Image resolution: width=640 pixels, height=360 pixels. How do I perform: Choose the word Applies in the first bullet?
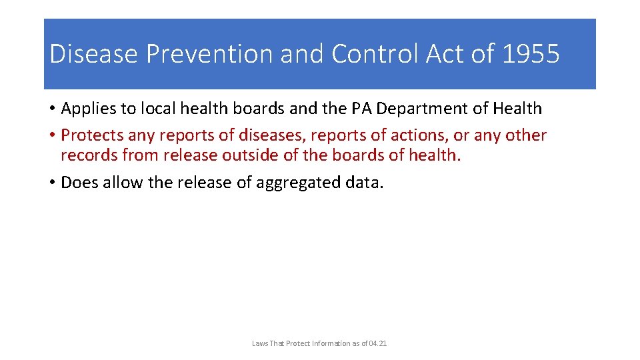[x=87, y=109]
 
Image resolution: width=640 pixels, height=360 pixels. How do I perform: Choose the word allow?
[x=121, y=183]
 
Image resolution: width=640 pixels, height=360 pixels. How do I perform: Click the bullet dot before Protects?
[x=51, y=136]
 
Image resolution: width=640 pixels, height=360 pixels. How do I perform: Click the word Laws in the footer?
[x=259, y=343]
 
